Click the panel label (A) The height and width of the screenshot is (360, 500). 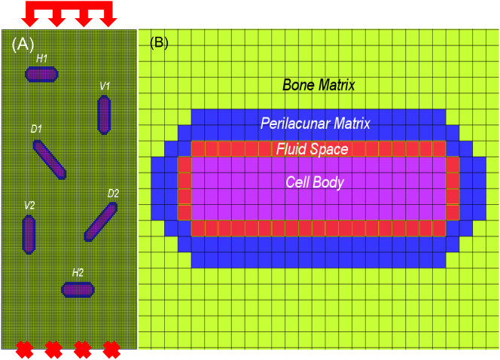[x=23, y=44]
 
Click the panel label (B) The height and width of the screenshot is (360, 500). [x=160, y=42]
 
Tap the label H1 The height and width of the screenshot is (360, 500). [x=42, y=58]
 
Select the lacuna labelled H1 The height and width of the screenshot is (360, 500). [x=41, y=74]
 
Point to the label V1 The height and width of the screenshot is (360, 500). [x=105, y=87]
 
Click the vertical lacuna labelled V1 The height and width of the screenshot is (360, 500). [x=104, y=115]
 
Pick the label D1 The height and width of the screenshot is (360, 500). [x=37, y=130]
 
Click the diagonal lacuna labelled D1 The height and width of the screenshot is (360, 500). [x=51, y=160]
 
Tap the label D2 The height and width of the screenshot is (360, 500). [x=113, y=194]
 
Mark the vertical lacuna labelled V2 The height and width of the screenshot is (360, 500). [x=29, y=233]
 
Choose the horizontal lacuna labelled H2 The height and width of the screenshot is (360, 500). [x=78, y=289]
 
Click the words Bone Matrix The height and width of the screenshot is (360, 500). [x=319, y=85]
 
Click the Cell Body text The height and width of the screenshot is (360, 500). [x=315, y=182]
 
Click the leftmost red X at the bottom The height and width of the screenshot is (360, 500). [x=24, y=349]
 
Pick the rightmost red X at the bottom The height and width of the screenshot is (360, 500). [x=111, y=349]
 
